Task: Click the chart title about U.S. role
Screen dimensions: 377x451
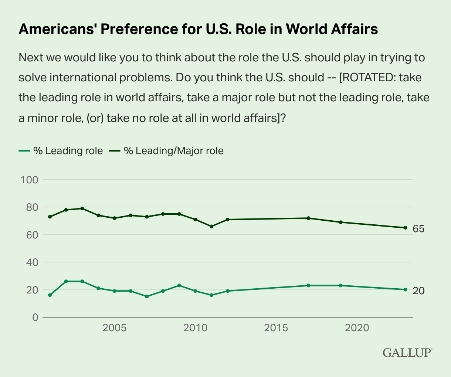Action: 198,29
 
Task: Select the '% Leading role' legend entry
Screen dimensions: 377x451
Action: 61,151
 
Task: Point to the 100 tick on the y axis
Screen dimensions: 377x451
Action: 30,180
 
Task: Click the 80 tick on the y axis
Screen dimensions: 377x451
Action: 31,207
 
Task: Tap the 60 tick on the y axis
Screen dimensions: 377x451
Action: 31,235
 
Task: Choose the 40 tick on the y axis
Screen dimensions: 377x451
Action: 31,262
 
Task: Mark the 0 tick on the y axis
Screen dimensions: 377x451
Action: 35,317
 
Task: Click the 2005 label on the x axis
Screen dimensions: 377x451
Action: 115,328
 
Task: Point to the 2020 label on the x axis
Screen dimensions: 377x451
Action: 357,328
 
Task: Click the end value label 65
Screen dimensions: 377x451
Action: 418,229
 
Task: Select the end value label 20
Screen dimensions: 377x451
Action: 418,291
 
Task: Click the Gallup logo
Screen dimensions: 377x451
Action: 407,352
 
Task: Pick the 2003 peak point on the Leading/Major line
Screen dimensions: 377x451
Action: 82,208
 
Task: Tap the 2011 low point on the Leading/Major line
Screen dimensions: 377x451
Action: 211,226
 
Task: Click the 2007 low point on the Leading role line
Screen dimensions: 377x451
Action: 147,296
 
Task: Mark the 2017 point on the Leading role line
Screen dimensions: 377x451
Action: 308,285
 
